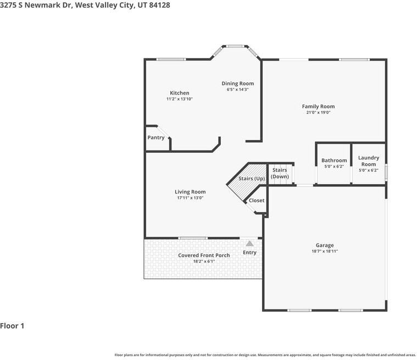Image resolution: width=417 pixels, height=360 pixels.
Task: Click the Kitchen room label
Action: [x=180, y=93]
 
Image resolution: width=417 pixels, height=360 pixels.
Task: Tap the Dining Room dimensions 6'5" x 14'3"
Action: [x=237, y=90]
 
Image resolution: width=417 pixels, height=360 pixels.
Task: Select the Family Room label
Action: [x=318, y=107]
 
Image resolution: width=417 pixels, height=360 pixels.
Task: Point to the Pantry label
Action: [x=156, y=137]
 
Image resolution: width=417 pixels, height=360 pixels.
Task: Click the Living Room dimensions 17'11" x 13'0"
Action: [x=190, y=198]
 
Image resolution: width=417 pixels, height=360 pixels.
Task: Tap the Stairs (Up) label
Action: [x=252, y=178]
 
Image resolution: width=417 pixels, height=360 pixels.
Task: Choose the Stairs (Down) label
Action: [x=280, y=173]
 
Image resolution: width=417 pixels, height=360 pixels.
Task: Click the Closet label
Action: [x=257, y=201]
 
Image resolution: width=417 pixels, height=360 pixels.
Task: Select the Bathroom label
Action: [x=334, y=160]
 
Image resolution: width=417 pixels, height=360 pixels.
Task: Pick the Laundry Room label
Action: [x=369, y=161]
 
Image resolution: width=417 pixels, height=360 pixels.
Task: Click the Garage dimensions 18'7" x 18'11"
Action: [x=325, y=251]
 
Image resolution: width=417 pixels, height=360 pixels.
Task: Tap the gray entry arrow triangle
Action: [x=249, y=243]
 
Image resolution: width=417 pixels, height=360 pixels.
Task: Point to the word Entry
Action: [x=249, y=252]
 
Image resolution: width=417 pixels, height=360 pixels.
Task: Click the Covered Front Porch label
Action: [x=204, y=256]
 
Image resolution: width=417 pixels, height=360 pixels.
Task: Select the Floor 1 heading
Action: [x=12, y=326]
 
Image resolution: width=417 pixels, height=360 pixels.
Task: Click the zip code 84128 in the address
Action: [x=159, y=5]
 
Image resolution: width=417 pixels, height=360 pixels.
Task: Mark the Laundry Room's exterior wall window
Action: [x=386, y=173]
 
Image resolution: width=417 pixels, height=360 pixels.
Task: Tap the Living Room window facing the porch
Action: [x=193, y=238]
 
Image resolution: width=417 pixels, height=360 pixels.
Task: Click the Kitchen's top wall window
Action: [x=171, y=59]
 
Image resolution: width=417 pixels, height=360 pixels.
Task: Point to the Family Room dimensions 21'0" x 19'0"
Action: [x=318, y=112]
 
